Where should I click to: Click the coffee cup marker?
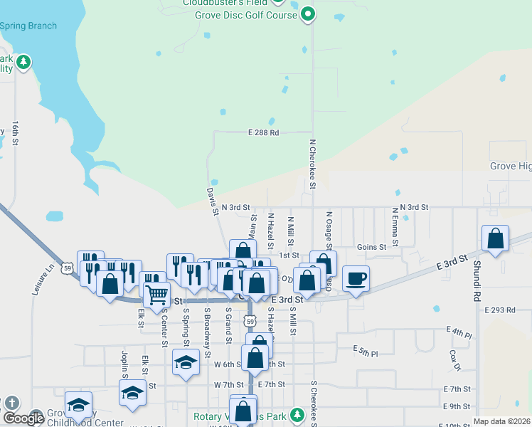coord(356,278)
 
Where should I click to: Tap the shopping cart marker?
coord(156,292)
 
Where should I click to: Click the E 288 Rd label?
coord(263,132)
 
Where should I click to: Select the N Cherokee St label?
coord(312,164)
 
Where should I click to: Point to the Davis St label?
coord(212,201)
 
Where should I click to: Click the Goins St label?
coord(371,247)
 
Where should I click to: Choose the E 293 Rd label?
coord(499,310)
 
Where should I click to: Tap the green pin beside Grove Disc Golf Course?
coord(307,13)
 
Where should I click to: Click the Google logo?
coord(23,418)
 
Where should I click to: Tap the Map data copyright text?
coord(501,421)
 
